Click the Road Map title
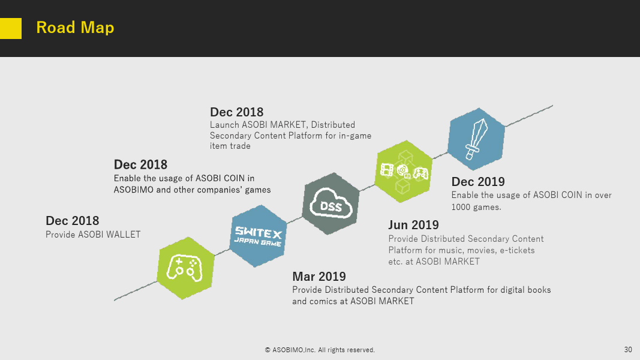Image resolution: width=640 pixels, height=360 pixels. coord(75,28)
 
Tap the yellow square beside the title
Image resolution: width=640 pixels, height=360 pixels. coord(11,29)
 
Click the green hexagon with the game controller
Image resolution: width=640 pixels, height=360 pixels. coord(186,268)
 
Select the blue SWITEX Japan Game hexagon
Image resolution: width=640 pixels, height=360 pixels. coord(258,236)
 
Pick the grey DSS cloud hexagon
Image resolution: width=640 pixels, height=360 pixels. coord(330,203)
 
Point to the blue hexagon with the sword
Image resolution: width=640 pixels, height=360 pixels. coord(476,139)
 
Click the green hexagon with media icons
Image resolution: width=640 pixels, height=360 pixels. coord(404,172)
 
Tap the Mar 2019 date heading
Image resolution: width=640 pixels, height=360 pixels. coord(319,277)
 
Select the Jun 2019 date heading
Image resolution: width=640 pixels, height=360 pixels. coord(413,225)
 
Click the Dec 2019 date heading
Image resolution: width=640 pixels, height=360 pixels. coord(478,182)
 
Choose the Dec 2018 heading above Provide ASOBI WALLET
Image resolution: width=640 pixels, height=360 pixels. coord(72,221)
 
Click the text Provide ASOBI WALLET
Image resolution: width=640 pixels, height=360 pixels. coord(93,235)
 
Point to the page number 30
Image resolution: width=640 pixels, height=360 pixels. coord(628,349)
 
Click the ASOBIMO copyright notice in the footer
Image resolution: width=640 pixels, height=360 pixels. coord(320,350)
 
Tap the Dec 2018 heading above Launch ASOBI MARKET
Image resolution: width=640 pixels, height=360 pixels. coord(237,112)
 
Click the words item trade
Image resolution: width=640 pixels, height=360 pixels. coord(230,146)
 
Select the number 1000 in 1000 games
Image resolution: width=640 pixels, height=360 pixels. coord(461,207)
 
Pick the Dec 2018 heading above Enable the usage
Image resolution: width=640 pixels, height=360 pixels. coord(140,164)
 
